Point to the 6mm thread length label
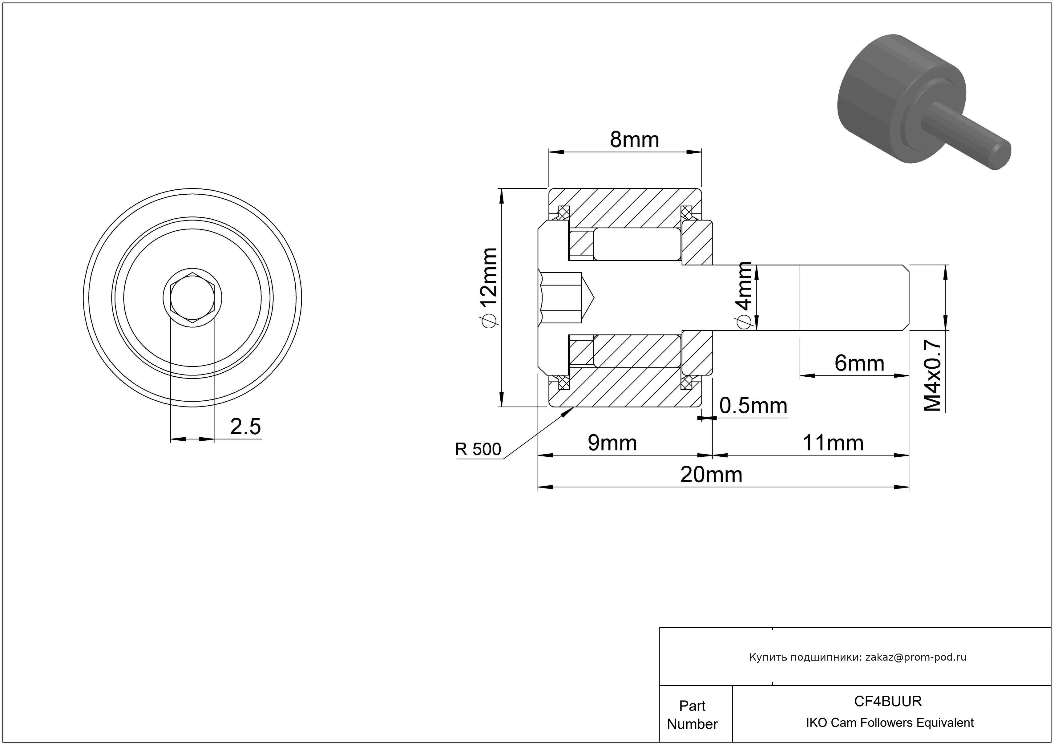(x=859, y=363)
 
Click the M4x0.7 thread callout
(x=933, y=375)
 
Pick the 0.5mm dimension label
(x=753, y=406)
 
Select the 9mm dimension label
(x=612, y=443)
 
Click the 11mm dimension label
(x=833, y=443)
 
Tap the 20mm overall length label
(x=711, y=475)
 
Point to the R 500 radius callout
(x=478, y=449)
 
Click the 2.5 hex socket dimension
(x=245, y=427)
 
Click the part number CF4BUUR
(x=888, y=701)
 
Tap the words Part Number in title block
(x=692, y=715)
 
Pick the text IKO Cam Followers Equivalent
(x=890, y=723)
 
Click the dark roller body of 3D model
(x=881, y=92)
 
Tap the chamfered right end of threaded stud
(x=906, y=298)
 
